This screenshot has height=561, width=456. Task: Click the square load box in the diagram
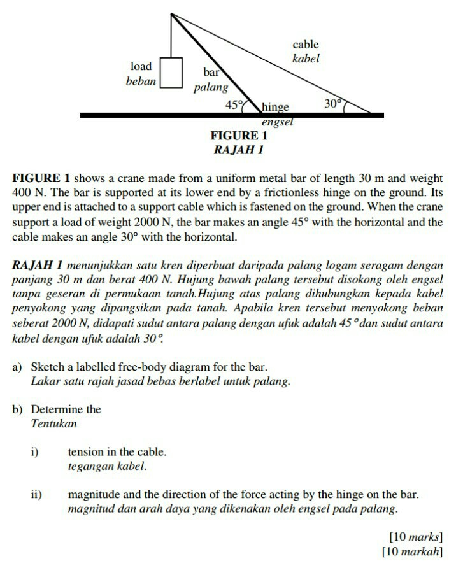(171, 72)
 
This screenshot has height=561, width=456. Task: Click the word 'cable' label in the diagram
(305, 45)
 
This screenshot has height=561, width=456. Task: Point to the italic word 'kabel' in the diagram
(305, 59)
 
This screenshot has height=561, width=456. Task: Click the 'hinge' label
(275, 106)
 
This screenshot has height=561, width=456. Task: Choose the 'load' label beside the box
(141, 66)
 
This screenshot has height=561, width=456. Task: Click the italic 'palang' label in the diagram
(210, 87)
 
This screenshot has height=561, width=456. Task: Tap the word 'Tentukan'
(53, 423)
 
